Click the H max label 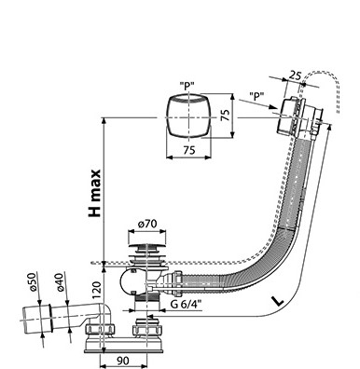click(x=94, y=193)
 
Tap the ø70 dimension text click(x=147, y=224)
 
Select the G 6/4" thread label click(x=186, y=304)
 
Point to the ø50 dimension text click(x=33, y=281)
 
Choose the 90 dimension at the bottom click(x=122, y=361)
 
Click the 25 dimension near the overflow click(x=295, y=75)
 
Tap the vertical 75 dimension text click(x=226, y=115)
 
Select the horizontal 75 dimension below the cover click(x=189, y=150)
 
